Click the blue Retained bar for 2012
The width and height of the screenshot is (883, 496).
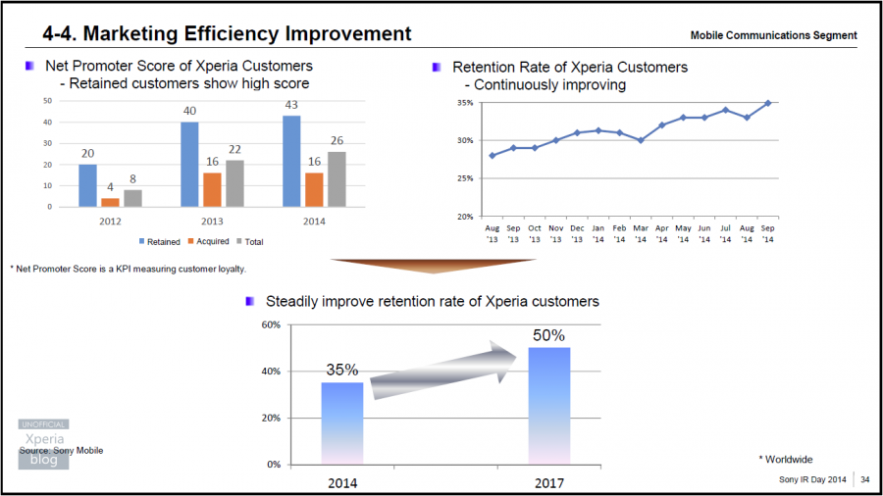[x=87, y=185]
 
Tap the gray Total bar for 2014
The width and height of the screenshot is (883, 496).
[x=337, y=179]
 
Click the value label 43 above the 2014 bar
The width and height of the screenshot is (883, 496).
[x=291, y=105]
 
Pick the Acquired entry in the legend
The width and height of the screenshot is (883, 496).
[x=208, y=241]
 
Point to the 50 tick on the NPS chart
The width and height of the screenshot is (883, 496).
[x=47, y=101]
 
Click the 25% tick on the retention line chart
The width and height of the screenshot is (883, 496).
[x=465, y=178]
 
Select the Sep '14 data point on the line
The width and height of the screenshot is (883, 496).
[x=766, y=103]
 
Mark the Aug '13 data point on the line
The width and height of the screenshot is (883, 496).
[x=492, y=155]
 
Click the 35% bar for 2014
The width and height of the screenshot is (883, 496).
[x=341, y=422]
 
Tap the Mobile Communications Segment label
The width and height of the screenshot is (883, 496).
[x=773, y=35]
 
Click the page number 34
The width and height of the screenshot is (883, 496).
[x=864, y=479]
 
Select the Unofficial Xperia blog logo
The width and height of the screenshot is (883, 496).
[x=44, y=444]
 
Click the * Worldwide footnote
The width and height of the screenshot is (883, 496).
[x=785, y=459]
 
